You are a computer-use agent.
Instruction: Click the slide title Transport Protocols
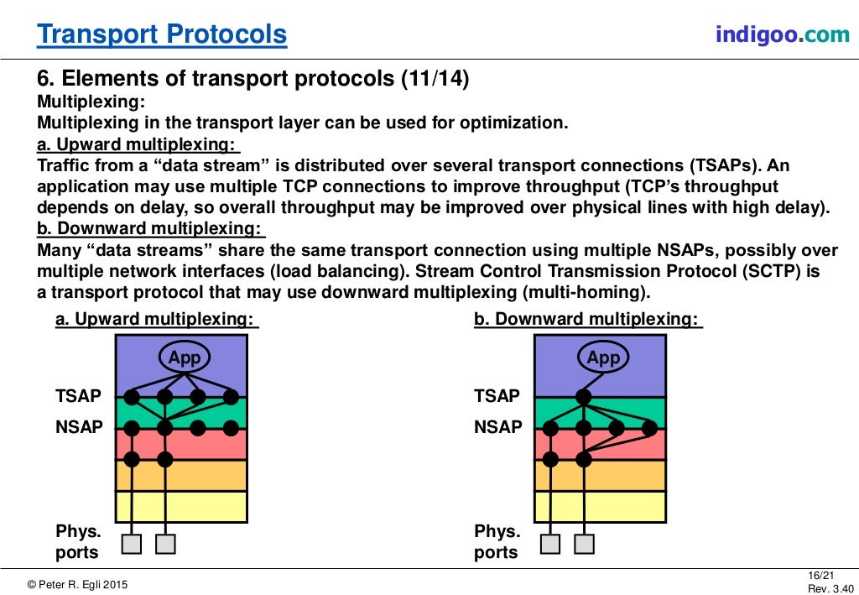pyautogui.click(x=162, y=34)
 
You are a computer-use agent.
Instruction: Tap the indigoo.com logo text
pyautogui.click(x=770, y=34)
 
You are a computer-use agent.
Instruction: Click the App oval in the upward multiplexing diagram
pyautogui.click(x=185, y=358)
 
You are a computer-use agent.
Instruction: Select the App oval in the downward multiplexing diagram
pyautogui.click(x=603, y=358)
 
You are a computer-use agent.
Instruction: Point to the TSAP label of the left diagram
pyautogui.click(x=78, y=396)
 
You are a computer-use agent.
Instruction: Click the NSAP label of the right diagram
pyautogui.click(x=497, y=427)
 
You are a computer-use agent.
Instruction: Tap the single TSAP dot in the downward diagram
pyautogui.click(x=584, y=397)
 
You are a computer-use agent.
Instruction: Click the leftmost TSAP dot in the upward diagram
pyautogui.click(x=132, y=397)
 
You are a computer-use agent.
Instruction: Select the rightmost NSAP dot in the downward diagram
pyautogui.click(x=649, y=428)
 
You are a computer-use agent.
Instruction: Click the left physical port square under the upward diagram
pyautogui.click(x=132, y=544)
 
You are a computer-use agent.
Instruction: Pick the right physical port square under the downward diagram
pyautogui.click(x=584, y=544)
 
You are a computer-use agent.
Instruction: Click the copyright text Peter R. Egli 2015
pyautogui.click(x=78, y=584)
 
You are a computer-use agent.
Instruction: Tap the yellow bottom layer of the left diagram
pyautogui.click(x=181, y=506)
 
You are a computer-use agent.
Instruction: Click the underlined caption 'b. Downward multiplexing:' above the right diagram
pyautogui.click(x=587, y=320)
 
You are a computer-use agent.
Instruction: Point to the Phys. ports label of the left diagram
pyautogui.click(x=78, y=542)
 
